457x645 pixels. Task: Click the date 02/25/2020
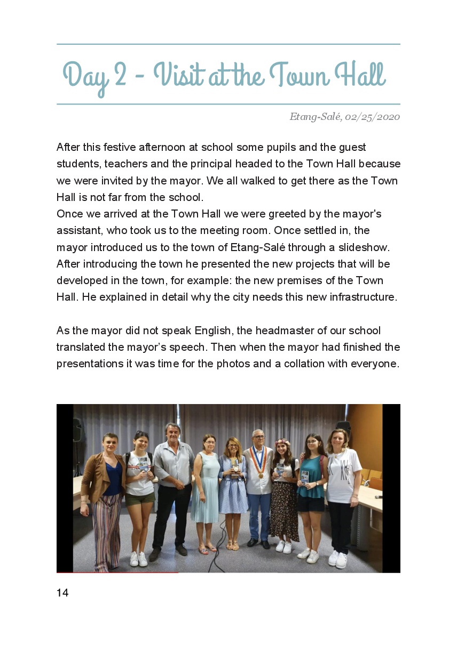tap(373, 117)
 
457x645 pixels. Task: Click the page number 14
tap(62, 593)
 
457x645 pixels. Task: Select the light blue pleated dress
tap(206, 490)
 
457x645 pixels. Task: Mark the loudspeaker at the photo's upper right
tap(342, 425)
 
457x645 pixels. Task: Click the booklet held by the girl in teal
tap(305, 476)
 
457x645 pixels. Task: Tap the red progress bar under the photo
tap(117, 573)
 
